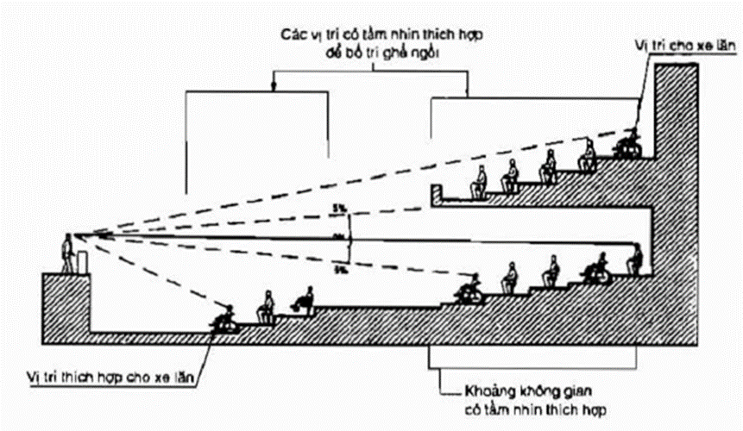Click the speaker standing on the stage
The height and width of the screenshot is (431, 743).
[x=67, y=254]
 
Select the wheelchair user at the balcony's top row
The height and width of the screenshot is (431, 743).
[x=629, y=144]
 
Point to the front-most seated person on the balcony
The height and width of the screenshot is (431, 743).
[x=476, y=184]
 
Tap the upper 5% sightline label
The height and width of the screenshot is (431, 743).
[x=343, y=208]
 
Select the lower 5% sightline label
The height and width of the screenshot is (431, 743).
[x=343, y=269]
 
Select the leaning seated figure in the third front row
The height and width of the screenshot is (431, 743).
[x=303, y=299]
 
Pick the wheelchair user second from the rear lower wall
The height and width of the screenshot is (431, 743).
[x=596, y=270]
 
